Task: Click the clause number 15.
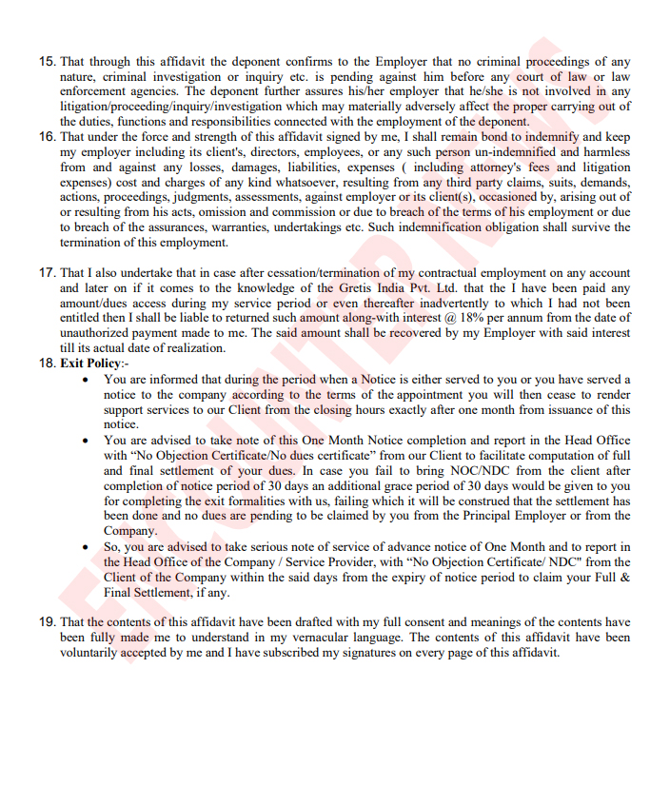pyautogui.click(x=47, y=61)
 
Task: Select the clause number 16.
pyautogui.click(x=47, y=136)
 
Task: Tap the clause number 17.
pyautogui.click(x=47, y=272)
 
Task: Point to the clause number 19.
pyautogui.click(x=47, y=622)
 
